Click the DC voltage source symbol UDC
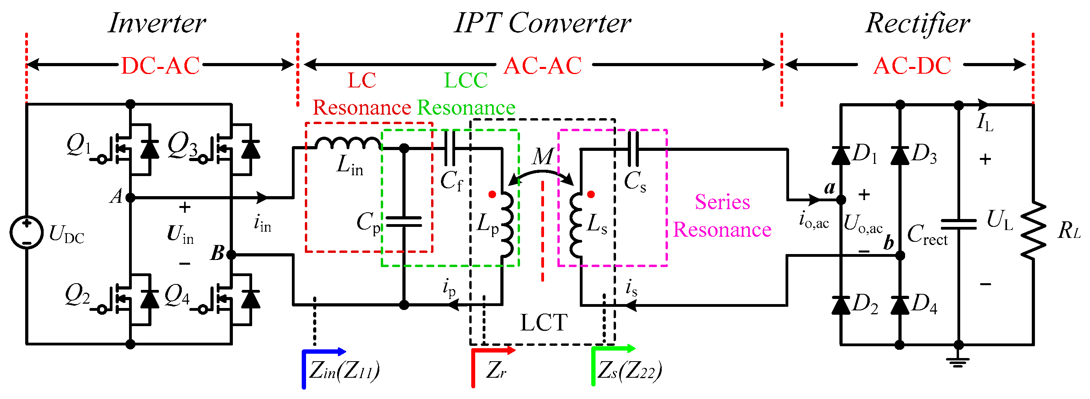click(x=26, y=232)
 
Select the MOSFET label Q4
click(x=177, y=295)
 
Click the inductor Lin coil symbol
click(x=347, y=143)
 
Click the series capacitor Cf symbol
click(x=450, y=148)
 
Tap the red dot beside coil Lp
click(x=492, y=195)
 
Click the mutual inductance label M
click(x=542, y=157)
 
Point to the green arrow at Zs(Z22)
click(x=614, y=349)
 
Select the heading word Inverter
click(x=157, y=23)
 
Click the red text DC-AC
click(x=160, y=66)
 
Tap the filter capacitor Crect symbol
click(x=958, y=224)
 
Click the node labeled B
click(x=231, y=254)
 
